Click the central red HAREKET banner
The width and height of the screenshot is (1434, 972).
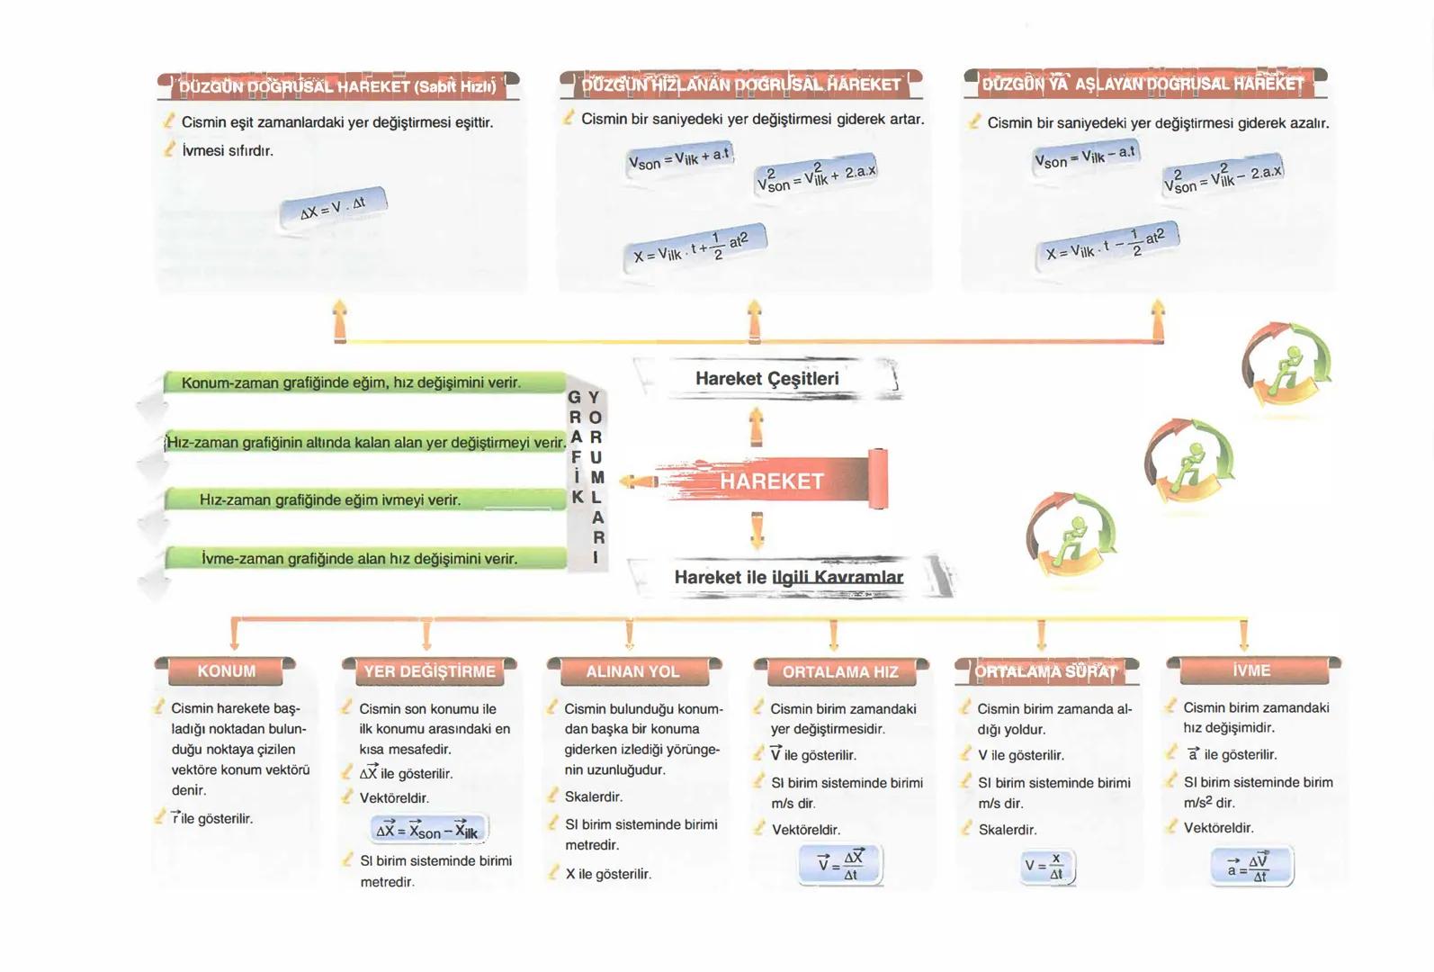772,481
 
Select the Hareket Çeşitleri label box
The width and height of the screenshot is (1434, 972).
766,379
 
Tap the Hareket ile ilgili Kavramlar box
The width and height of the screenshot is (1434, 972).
788,577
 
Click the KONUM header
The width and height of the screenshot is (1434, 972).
226,671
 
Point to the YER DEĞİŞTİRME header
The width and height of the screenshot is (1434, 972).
429,671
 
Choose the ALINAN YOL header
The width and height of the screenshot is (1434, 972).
632,671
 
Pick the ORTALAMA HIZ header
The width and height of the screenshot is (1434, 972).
839,671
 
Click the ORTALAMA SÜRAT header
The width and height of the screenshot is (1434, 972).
1045,671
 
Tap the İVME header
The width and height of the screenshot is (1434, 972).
1251,670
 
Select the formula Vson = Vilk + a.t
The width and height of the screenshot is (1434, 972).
679,159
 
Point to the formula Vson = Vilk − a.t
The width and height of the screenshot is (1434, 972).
1085,157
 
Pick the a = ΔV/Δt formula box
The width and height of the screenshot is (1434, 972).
1251,866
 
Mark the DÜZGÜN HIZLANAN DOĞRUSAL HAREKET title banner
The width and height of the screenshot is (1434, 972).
740,85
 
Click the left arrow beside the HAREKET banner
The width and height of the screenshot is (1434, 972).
638,481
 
